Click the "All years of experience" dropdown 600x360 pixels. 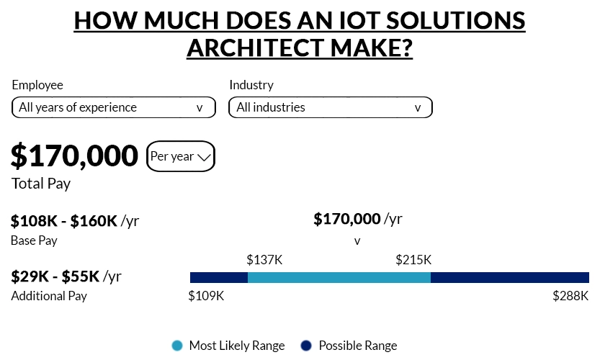coord(114,107)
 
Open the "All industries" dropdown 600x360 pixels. coord(330,107)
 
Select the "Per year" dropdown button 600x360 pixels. coord(180,156)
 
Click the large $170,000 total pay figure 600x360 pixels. coord(74,156)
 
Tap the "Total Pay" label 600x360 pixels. coord(41,184)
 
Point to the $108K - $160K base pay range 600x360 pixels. coord(64,221)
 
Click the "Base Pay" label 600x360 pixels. coord(34,240)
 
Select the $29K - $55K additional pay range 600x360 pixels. coord(57,276)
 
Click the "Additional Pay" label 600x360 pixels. coord(49,296)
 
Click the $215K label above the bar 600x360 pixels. coord(413,259)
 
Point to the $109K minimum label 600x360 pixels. coord(206,296)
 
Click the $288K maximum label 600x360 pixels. coord(570,296)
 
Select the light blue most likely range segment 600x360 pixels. coord(339,277)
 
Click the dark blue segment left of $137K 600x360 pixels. coord(219,277)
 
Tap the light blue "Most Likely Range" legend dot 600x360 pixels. coord(177,346)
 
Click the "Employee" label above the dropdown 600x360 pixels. coord(37,85)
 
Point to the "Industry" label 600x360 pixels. coord(251,85)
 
